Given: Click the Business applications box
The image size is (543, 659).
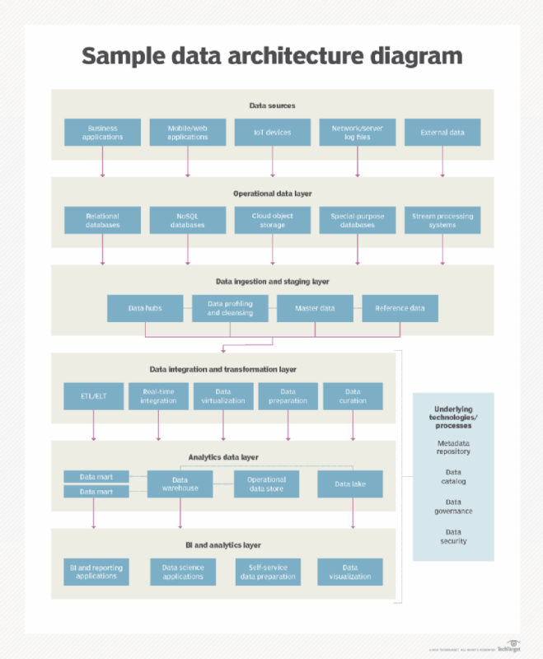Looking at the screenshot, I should [x=102, y=133].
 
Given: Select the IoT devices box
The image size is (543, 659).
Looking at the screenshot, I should [x=273, y=133].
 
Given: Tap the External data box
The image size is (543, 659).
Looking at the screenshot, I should [x=442, y=133].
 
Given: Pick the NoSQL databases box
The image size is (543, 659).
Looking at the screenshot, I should [x=188, y=220].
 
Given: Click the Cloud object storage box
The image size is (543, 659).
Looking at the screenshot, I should [x=273, y=220].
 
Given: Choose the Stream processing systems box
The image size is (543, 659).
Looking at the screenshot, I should [x=442, y=220].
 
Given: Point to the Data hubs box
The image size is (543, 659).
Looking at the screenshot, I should [x=145, y=308].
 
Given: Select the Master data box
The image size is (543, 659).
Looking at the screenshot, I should [x=315, y=308].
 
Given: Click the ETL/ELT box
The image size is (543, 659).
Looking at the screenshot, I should [x=93, y=396].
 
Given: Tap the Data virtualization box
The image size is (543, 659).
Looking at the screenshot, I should [x=223, y=396].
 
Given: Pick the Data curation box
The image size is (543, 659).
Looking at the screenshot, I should [x=353, y=396].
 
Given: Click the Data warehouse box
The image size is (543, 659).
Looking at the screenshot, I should [x=180, y=484].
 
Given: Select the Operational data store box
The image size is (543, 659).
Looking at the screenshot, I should [x=266, y=484].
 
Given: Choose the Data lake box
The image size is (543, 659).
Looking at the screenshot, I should [x=350, y=484].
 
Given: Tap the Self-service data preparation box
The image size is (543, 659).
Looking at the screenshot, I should [x=266, y=572].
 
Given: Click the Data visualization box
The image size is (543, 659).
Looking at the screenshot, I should [x=350, y=572].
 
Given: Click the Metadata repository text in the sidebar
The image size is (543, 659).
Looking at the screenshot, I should [x=453, y=447].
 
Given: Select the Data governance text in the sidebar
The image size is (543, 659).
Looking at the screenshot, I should [x=453, y=507].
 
